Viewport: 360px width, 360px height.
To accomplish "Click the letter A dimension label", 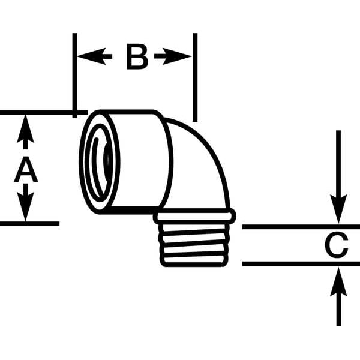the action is pyautogui.click(x=26, y=170).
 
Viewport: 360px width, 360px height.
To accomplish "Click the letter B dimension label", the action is pyautogui.click(x=137, y=58).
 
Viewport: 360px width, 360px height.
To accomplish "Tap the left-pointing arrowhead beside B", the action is pyautogui.click(x=91, y=56).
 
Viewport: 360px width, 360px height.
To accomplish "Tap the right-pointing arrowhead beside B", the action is pyautogui.click(x=177, y=56).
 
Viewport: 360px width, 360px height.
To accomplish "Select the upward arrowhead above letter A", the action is pyautogui.click(x=25, y=129).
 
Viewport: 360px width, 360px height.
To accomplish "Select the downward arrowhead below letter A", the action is pyautogui.click(x=25, y=206).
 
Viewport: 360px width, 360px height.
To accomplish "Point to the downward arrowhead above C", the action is pyautogui.click(x=338, y=208).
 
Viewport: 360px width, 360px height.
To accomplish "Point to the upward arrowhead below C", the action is pyautogui.click(x=338, y=282).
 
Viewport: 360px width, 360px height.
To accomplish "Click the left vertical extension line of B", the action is pyautogui.click(x=74, y=76).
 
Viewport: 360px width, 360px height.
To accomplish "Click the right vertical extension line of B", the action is pyautogui.click(x=195, y=77).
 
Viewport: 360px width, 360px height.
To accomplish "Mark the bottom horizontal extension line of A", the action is pyautogui.click(x=29, y=224).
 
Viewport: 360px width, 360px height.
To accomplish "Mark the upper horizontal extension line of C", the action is pyautogui.click(x=301, y=227).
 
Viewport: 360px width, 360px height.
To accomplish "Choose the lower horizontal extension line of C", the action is pyautogui.click(x=301, y=264).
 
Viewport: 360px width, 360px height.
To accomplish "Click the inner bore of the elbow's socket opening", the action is pyautogui.click(x=99, y=163).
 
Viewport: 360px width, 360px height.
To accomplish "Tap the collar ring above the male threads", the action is pyautogui.click(x=194, y=216).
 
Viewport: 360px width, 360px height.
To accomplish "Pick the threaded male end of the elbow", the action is pyautogui.click(x=194, y=245).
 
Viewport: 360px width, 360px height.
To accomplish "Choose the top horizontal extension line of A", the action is pyautogui.click(x=44, y=113).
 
